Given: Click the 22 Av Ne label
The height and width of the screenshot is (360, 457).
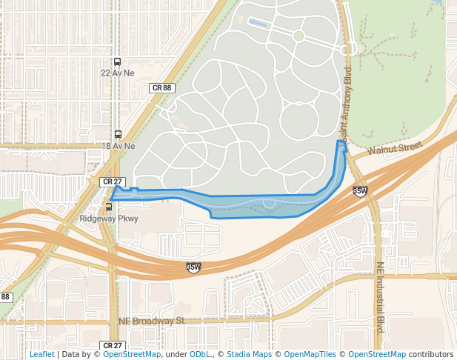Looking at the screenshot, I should [118, 73].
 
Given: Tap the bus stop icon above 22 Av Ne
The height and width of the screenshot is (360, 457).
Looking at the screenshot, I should [118, 62].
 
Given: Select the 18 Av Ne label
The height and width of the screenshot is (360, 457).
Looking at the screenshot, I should [118, 146].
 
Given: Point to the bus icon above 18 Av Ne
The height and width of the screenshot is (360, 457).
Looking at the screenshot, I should [118, 135].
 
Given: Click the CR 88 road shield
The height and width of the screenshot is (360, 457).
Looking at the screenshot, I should [161, 87].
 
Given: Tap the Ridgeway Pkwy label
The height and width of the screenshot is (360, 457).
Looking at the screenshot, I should [109, 219].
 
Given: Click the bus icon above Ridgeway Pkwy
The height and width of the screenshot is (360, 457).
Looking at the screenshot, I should [109, 207].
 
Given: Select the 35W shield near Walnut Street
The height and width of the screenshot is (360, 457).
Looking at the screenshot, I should [360, 191].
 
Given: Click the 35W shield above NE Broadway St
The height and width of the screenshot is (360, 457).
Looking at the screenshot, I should [193, 267].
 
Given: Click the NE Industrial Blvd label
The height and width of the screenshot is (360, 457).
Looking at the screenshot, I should [380, 296].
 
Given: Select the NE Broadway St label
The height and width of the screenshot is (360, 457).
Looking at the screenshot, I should [151, 321].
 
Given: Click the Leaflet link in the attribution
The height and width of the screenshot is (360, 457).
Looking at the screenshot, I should [41, 354].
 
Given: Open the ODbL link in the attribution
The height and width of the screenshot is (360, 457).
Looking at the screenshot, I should [199, 354].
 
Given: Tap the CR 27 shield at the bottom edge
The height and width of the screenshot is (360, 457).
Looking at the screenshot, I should [111, 345].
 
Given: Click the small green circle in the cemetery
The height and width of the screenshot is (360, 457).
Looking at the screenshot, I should [298, 36].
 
